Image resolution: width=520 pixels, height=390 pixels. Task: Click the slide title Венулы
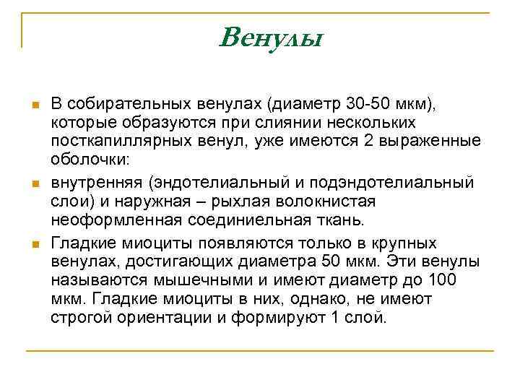pyautogui.click(x=269, y=37)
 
